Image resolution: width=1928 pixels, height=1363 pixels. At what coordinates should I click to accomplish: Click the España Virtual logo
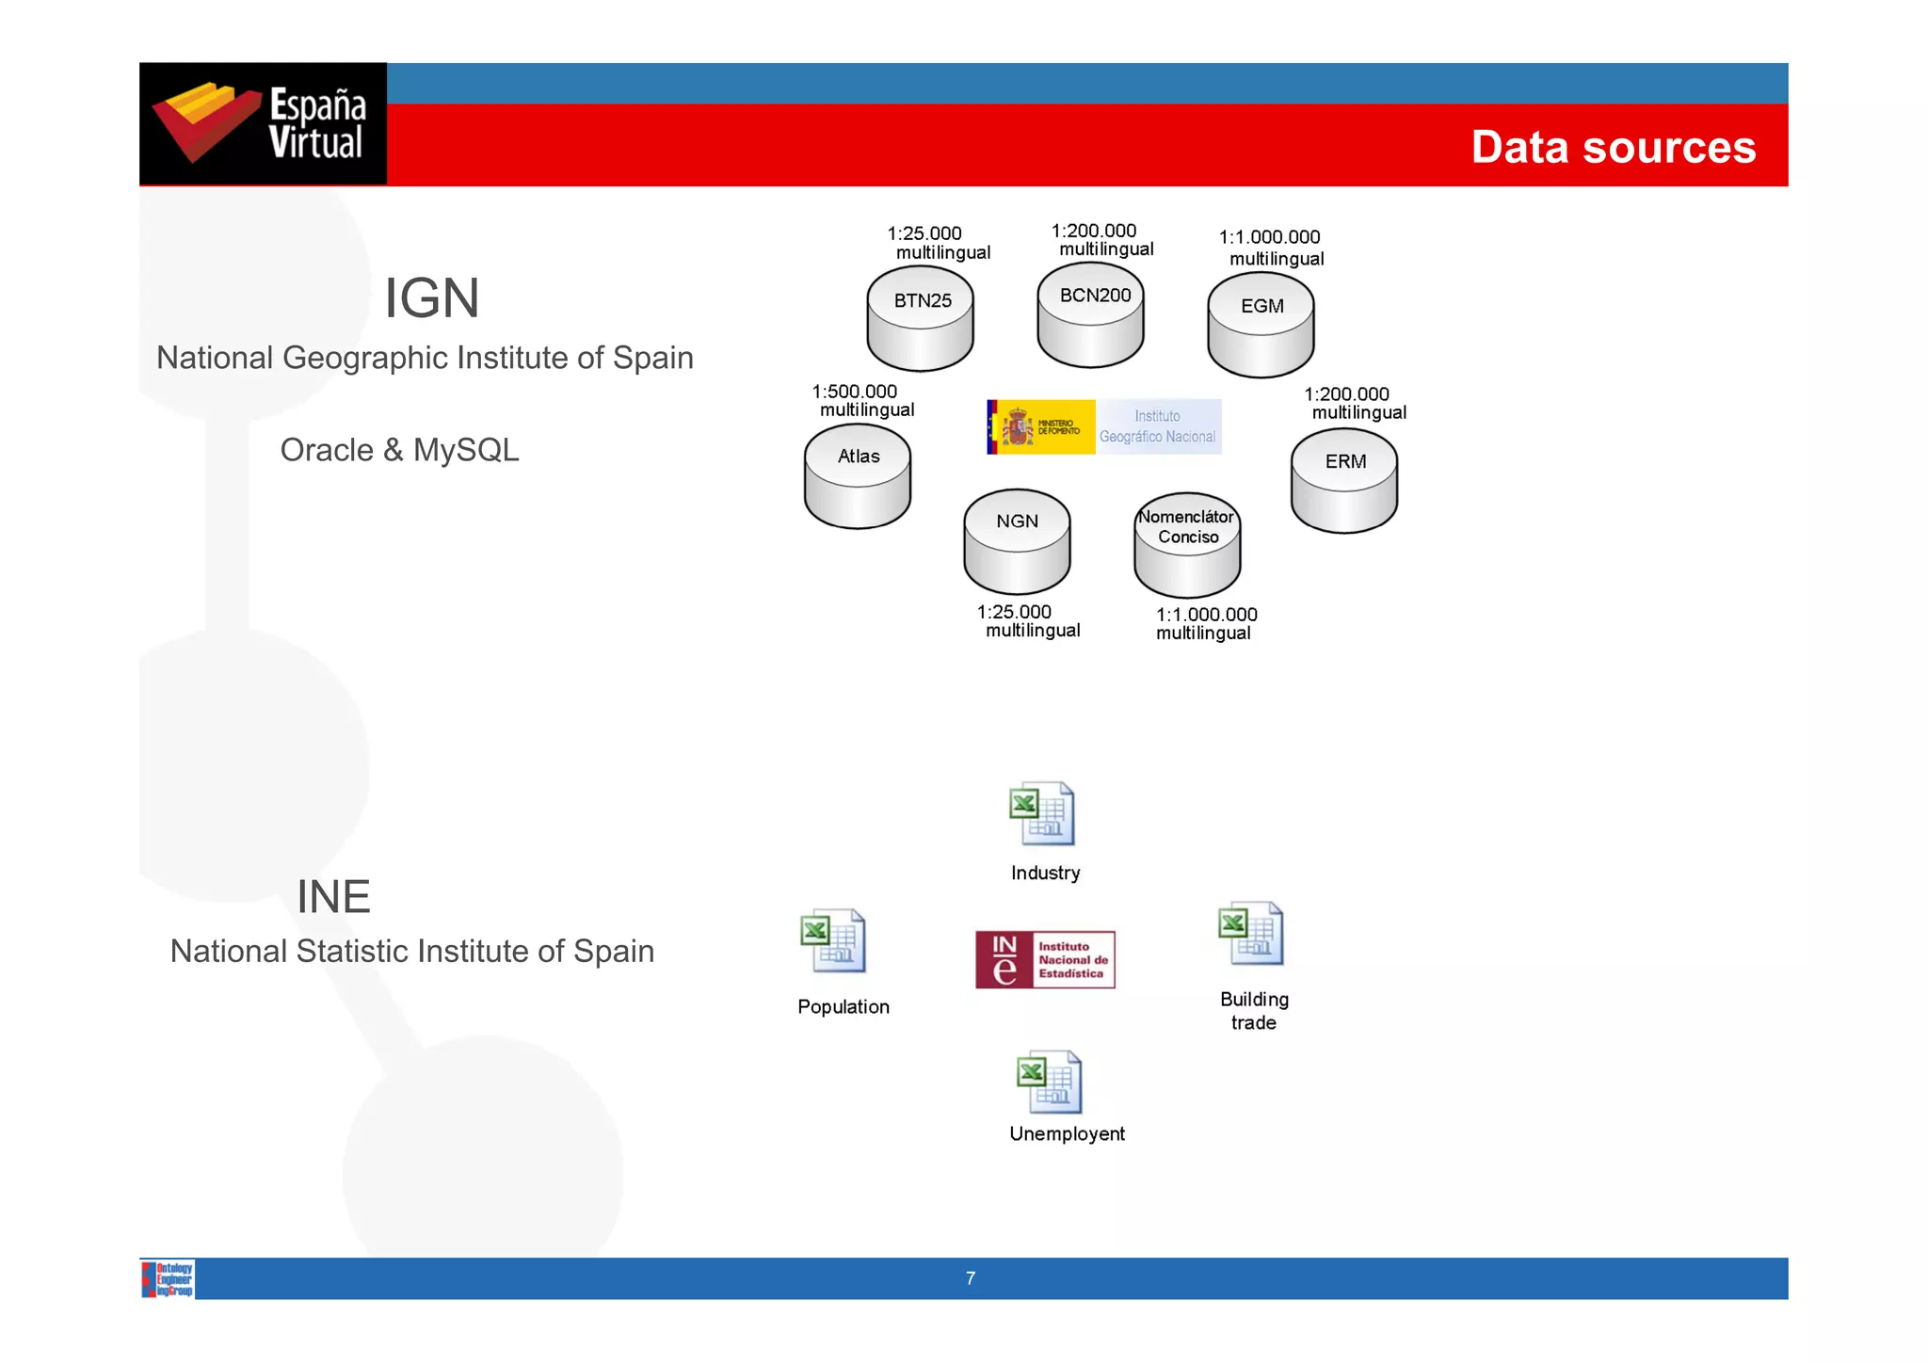pyautogui.click(x=263, y=123)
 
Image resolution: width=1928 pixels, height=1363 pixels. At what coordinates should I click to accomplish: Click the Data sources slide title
pyautogui.click(x=1613, y=148)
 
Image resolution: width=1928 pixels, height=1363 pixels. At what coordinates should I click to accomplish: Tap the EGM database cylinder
pyautogui.click(x=1261, y=324)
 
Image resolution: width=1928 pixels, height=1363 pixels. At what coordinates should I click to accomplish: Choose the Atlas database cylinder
pyautogui.click(x=858, y=475)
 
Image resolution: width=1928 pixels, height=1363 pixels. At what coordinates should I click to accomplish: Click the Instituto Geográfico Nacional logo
pyautogui.click(x=1103, y=426)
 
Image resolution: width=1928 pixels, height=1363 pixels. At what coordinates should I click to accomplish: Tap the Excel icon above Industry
pyautogui.click(x=1042, y=813)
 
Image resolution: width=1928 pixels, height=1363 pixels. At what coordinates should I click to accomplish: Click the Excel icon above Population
pyautogui.click(x=833, y=940)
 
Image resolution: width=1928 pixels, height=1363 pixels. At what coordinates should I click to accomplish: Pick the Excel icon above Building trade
pyautogui.click(x=1251, y=934)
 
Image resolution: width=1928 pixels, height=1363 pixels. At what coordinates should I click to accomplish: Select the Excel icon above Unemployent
pyautogui.click(x=1050, y=1082)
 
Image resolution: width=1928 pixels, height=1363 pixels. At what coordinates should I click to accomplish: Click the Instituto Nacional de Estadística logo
pyautogui.click(x=1045, y=959)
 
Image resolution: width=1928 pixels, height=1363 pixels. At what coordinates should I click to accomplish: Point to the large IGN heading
pyautogui.click(x=432, y=298)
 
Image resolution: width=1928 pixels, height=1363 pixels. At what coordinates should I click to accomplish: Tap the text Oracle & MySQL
pyautogui.click(x=399, y=450)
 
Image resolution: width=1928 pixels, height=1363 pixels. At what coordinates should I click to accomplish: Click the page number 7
pyautogui.click(x=971, y=1278)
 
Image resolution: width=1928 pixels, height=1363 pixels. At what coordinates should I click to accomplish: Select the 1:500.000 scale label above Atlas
pyautogui.click(x=855, y=392)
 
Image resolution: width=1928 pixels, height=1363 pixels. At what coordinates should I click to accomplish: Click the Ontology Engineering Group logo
pyautogui.click(x=169, y=1279)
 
